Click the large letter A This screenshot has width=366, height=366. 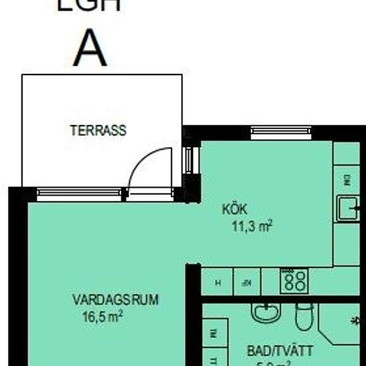[x=91, y=47]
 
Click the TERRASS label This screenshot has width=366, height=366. [x=98, y=130]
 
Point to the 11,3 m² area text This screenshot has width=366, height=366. [x=252, y=226]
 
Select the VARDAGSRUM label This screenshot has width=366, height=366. [x=115, y=299]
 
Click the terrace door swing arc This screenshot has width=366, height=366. [x=140, y=166]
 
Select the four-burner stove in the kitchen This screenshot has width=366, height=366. [x=293, y=281]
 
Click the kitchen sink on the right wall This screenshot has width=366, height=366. [x=349, y=209]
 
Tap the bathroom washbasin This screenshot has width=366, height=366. [x=266, y=312]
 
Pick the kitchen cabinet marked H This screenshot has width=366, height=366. [x=218, y=282]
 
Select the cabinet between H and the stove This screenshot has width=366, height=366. [x=247, y=282]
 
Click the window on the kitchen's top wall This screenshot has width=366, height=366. [x=280, y=132]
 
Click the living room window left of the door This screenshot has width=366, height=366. [x=79, y=194]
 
